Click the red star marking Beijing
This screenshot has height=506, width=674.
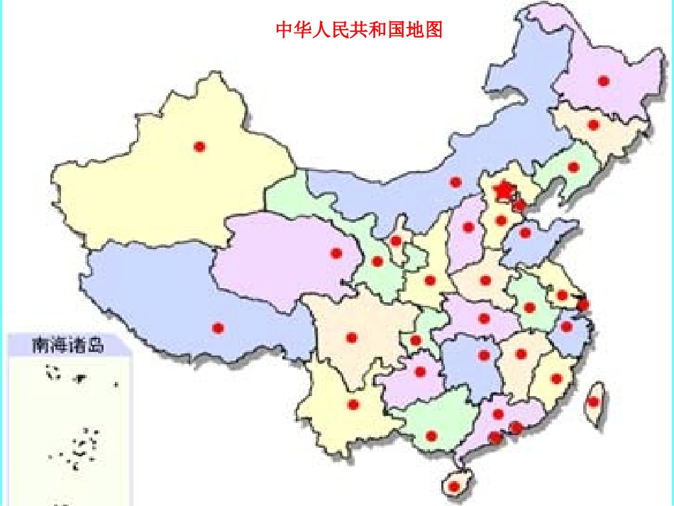(503, 190)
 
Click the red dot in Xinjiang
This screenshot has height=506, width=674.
(199, 147)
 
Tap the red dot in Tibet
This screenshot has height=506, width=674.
(218, 328)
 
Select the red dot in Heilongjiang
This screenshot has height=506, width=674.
(603, 81)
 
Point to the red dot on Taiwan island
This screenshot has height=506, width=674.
(593, 402)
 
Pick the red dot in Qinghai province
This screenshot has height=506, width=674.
(336, 253)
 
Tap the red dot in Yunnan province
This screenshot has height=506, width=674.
(353, 405)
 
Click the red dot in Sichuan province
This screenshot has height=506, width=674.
(351, 337)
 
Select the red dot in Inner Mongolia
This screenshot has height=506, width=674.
(455, 182)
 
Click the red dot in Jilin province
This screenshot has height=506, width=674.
(594, 125)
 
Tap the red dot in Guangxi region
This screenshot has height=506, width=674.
(431, 436)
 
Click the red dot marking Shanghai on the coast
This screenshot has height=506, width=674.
(583, 305)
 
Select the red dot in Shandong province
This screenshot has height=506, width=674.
(525, 233)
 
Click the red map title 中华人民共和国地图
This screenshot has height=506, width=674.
(359, 30)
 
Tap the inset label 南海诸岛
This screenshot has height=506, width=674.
(68, 346)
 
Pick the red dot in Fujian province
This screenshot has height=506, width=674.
(556, 378)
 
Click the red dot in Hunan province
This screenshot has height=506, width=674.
(485, 355)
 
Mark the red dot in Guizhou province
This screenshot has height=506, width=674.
(420, 371)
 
